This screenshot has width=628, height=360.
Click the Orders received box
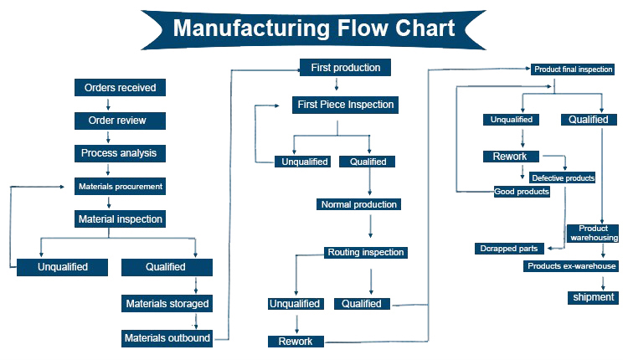(120, 88)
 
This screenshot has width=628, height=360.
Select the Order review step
(117, 121)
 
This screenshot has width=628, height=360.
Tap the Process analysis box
(119, 153)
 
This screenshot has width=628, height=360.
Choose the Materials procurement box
(120, 186)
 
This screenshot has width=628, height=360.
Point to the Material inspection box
(120, 219)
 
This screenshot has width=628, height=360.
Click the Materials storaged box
(167, 303)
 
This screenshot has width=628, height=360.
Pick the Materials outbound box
(167, 338)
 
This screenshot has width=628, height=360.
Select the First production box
(345, 68)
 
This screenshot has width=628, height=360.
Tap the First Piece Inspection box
(345, 105)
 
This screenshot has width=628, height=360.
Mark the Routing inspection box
(366, 252)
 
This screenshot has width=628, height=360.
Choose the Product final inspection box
(573, 69)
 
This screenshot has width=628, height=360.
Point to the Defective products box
(563, 178)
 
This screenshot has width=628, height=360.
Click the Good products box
(522, 192)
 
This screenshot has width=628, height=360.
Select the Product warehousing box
(593, 232)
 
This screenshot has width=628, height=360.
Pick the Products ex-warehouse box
(571, 266)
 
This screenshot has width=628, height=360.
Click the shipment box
(594, 297)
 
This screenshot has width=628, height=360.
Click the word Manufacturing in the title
(250, 28)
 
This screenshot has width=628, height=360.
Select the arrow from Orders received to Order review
(108, 105)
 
